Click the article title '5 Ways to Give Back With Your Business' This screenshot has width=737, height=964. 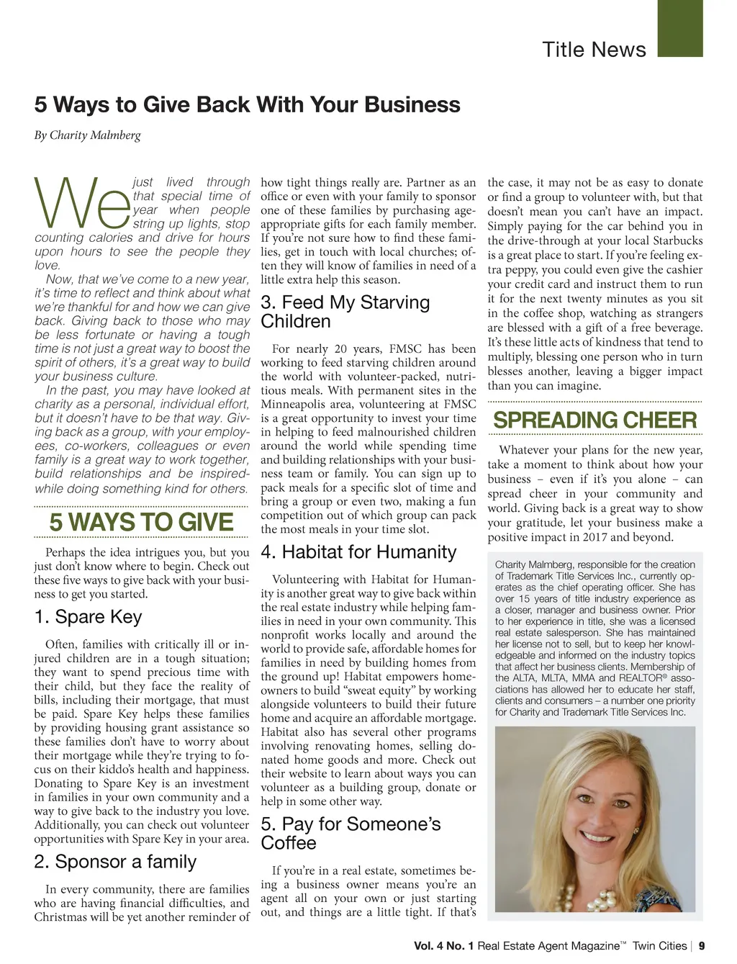point(247,105)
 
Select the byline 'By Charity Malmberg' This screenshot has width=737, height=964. point(88,135)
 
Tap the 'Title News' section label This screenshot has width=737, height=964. point(594,50)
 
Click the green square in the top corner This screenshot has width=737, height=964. point(680,28)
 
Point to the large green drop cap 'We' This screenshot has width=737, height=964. point(82,204)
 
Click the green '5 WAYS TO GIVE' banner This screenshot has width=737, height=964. point(141,522)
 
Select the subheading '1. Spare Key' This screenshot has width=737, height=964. point(88,617)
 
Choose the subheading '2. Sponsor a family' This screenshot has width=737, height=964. point(115,862)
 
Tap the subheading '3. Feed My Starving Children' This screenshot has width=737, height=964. point(345,312)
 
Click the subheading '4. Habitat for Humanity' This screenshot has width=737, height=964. point(358,552)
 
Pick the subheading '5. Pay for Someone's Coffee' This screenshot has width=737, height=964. point(351,833)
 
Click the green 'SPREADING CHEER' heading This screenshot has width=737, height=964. point(595,420)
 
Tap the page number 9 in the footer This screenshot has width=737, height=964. point(702,946)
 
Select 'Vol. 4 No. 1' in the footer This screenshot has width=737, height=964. point(443,946)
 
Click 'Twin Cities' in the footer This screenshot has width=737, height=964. point(659,946)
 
